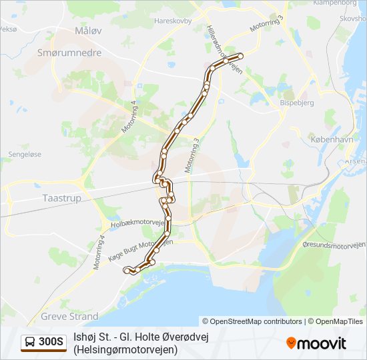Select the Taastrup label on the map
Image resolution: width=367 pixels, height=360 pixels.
click(x=61, y=198)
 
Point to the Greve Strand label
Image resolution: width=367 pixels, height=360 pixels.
click(x=69, y=316)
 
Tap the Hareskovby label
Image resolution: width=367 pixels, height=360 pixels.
click(x=173, y=21)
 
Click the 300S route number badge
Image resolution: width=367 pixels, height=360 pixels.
click(x=51, y=342)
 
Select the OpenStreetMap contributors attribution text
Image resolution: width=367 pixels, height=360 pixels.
click(x=252, y=321)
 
